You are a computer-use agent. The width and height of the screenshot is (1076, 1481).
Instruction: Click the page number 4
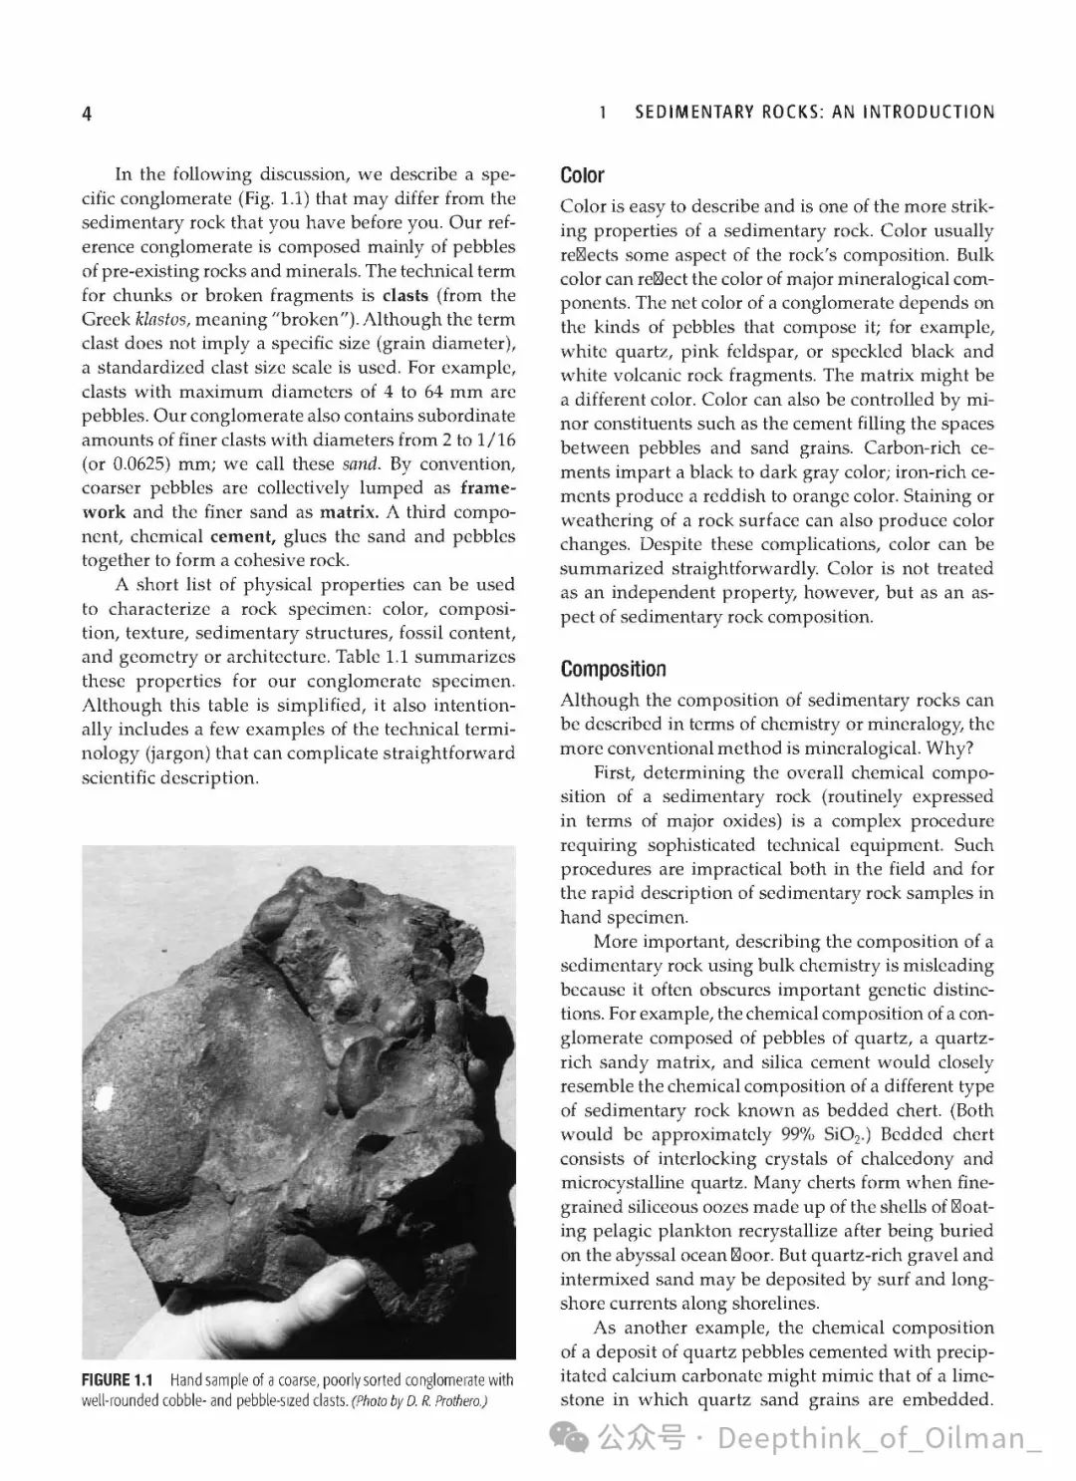[87, 114]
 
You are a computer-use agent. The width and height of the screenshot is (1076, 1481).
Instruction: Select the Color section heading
[582, 176]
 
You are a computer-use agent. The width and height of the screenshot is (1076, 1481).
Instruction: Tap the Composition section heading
[613, 669]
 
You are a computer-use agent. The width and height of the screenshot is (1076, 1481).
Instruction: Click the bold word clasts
[405, 295]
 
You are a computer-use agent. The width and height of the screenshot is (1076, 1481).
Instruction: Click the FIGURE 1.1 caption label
[117, 1380]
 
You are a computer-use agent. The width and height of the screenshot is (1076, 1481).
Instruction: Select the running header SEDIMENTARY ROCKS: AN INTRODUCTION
[814, 113]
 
